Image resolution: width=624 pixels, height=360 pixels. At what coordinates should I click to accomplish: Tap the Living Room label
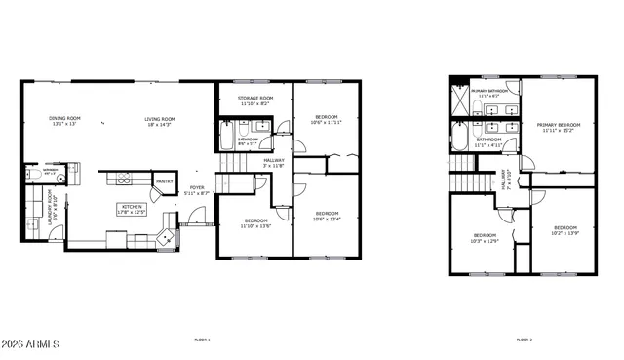tap(159, 119)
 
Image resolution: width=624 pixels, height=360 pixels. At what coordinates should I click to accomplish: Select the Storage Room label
tap(254, 99)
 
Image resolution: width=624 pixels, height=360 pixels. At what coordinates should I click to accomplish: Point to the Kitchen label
tap(132, 206)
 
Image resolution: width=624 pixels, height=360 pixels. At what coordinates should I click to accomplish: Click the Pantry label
tap(165, 180)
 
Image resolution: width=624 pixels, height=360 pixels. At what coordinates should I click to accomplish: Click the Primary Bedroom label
tap(558, 125)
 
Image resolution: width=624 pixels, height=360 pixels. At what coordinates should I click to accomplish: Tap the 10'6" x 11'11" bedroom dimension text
tap(328, 123)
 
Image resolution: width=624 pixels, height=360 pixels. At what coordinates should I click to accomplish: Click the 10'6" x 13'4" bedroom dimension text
tap(328, 219)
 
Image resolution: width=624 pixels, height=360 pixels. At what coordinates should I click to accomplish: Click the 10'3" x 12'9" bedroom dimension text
tap(486, 240)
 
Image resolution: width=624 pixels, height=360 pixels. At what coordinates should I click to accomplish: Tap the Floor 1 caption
tap(202, 340)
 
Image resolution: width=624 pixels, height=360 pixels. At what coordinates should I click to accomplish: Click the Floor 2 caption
tap(524, 340)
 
